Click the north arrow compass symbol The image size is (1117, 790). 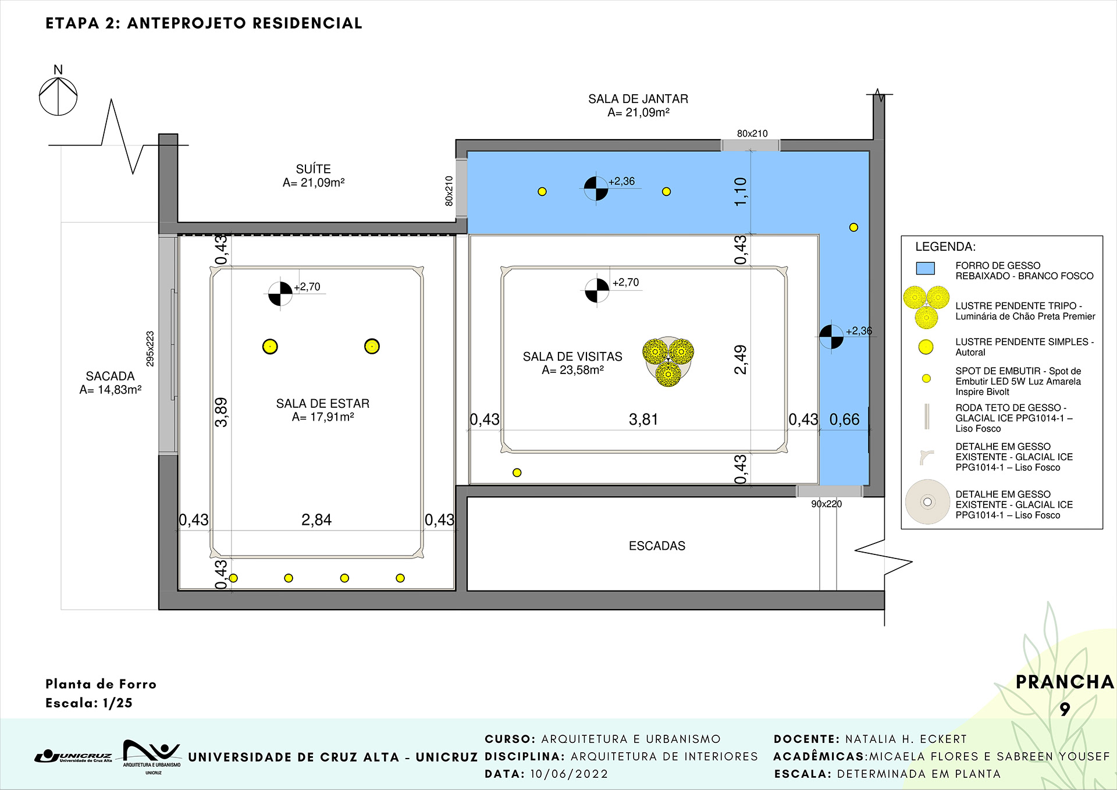58,96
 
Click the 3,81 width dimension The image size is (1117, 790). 643,419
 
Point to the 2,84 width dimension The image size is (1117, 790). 316,519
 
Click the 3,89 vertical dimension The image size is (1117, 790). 221,412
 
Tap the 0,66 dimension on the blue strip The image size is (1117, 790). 844,419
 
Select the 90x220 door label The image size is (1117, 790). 826,504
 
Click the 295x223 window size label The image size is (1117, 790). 150,348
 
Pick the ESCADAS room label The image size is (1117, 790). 657,546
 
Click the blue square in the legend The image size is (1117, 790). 925,268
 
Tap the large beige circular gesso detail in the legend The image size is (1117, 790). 927,501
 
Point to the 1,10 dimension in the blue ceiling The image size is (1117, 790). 740,191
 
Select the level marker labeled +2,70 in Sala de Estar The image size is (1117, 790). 280,294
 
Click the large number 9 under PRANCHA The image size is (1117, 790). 1065,709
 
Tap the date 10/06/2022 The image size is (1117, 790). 569,774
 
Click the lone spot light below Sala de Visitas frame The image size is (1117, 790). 517,472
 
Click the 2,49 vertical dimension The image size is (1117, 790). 740,360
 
